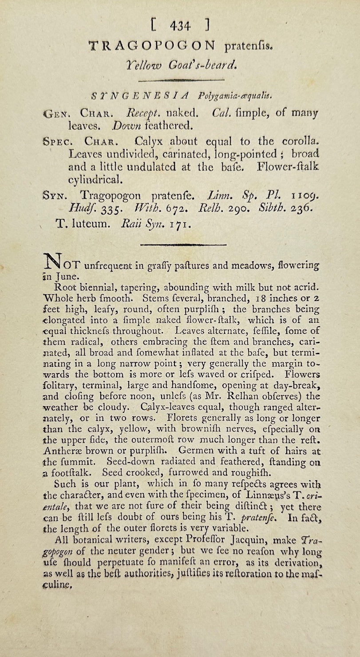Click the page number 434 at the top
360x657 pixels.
coord(180,26)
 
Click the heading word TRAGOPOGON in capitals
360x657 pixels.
coord(152,45)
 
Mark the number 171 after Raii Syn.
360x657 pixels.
coord(180,224)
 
